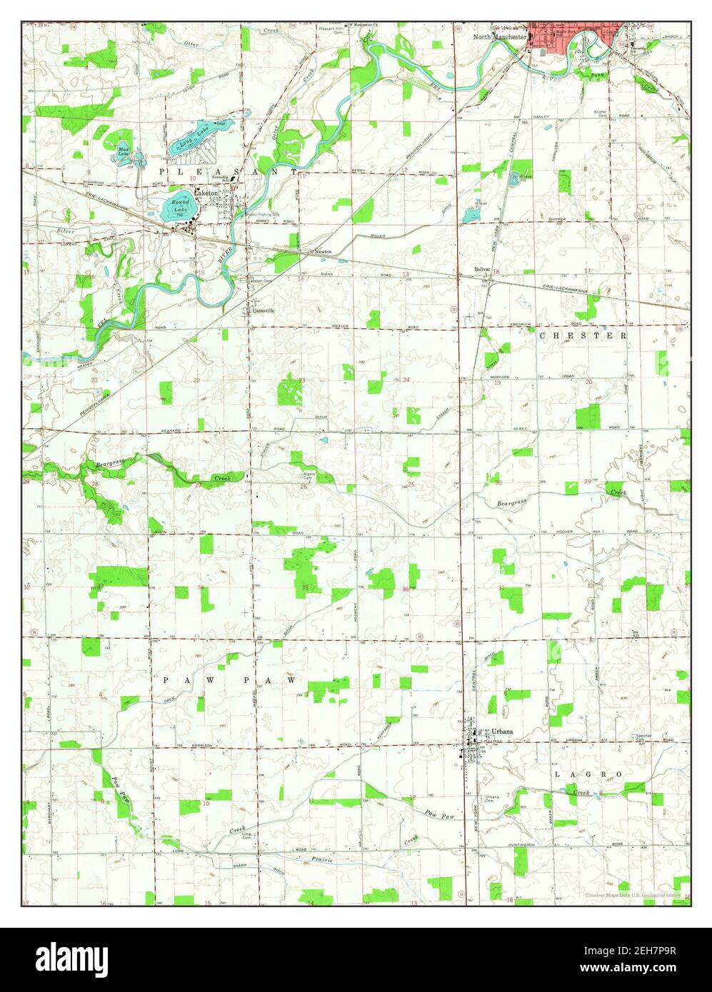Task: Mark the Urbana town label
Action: (x=502, y=732)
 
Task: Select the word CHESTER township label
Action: (x=583, y=335)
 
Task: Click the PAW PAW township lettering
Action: (x=229, y=681)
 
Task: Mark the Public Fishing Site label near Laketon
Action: (x=262, y=213)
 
